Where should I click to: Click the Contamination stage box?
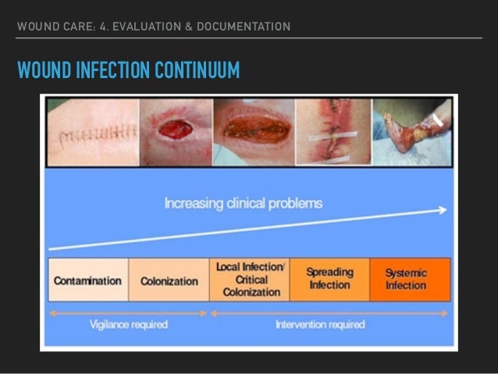coord(87,280)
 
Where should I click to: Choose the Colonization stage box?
coord(169,280)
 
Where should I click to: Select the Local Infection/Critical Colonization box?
coord(251,280)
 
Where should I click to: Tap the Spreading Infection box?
coord(329,280)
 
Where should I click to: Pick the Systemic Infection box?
coord(408,280)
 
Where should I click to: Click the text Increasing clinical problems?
coord(243,204)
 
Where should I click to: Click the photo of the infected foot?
coord(412,132)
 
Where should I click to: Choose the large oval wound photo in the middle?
coord(252,132)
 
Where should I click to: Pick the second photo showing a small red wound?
coord(174,132)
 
